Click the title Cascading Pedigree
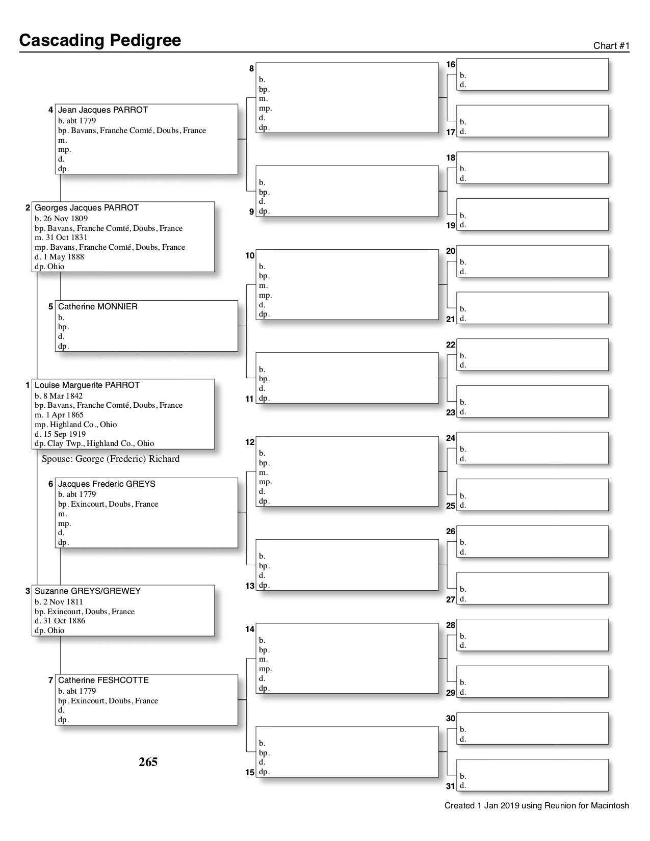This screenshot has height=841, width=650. coord(100,40)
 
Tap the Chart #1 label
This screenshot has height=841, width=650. coord(611,46)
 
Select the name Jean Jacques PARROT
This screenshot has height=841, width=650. coord(102,110)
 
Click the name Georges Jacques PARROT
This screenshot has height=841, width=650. coord(86,208)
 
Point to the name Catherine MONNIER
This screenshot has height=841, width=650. coord(97,307)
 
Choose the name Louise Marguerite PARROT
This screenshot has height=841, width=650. coord(87,385)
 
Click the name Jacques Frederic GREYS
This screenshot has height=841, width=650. coord(107,484)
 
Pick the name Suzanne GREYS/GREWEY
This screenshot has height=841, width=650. coord(87,591)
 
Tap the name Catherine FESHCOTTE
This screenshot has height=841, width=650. coord(103,680)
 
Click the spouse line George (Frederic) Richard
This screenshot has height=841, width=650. coord(111,459)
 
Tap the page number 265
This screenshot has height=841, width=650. coord(148,762)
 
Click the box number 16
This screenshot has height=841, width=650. coord(451,65)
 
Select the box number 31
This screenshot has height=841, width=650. coord(451,786)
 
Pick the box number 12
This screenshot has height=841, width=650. coord(250,442)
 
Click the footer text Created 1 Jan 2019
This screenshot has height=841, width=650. coord(536,806)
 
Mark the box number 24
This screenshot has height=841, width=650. coord(451,438)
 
